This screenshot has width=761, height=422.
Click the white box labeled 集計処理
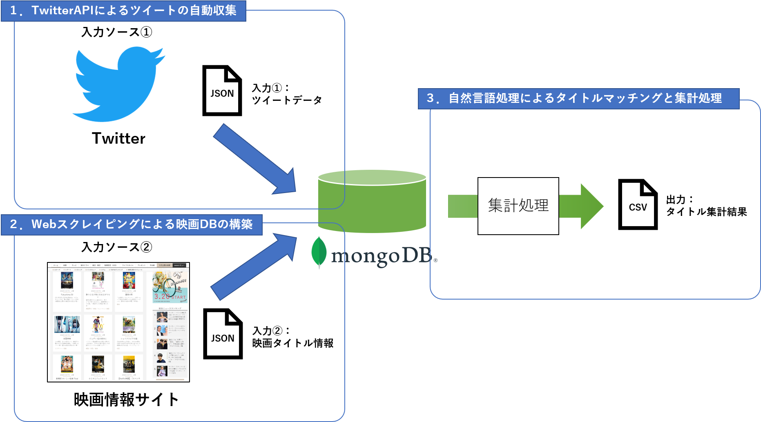(518, 206)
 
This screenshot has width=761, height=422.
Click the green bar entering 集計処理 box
(463, 206)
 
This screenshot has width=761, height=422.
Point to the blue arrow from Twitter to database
(255, 159)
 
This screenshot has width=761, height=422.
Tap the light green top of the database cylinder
(372, 178)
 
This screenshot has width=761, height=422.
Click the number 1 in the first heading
(13, 11)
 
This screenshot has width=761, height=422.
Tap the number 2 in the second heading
(13, 224)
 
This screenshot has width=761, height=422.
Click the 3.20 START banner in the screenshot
(170, 288)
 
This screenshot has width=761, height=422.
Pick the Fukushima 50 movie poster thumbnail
(67, 281)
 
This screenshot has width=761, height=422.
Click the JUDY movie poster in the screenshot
(98, 325)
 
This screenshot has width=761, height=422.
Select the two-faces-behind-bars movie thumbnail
(67, 325)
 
